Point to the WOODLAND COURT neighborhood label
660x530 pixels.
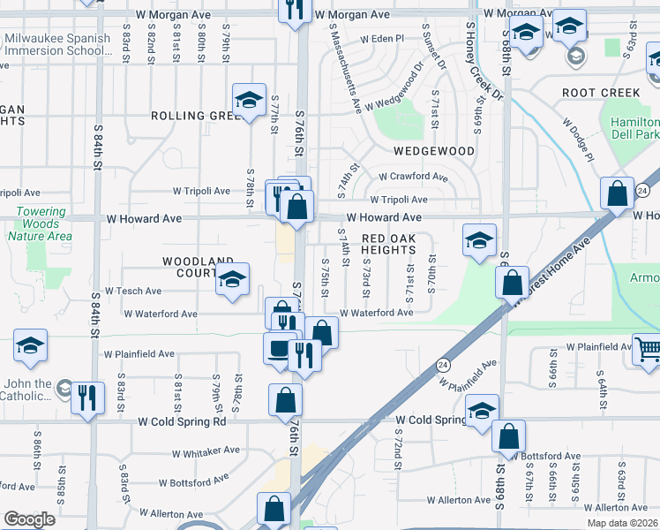199,267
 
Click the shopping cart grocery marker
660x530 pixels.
647,350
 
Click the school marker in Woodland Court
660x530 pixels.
232,280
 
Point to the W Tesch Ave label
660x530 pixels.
133,291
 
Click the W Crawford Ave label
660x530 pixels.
415,176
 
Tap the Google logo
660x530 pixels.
29,519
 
